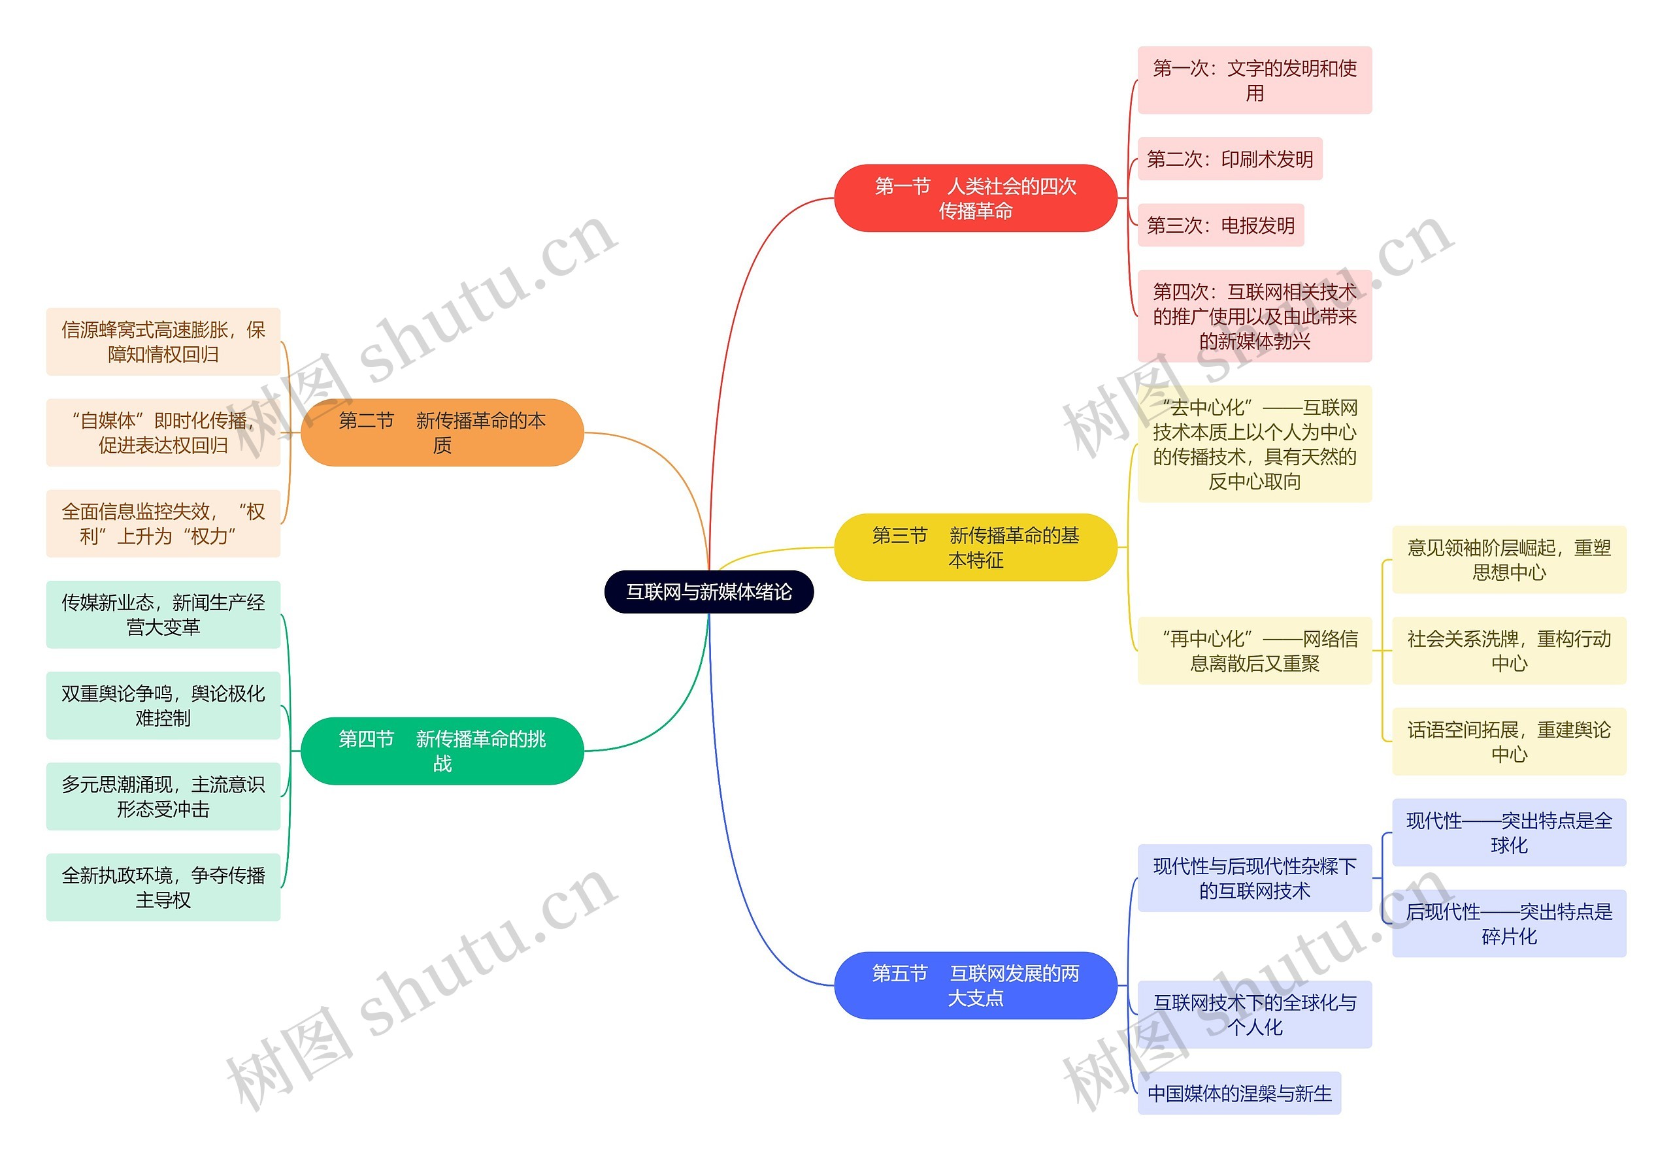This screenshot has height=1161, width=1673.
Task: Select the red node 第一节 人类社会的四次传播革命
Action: coord(974,198)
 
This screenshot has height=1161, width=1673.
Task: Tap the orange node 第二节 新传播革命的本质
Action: coord(442,432)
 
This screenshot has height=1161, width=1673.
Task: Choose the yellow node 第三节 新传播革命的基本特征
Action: coord(974,547)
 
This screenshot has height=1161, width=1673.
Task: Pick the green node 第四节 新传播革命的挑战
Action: coord(442,751)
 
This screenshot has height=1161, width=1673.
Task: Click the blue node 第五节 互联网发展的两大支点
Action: coord(974,985)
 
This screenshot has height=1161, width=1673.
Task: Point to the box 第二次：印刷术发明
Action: coord(1229,159)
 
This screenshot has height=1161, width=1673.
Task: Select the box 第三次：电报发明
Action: coord(1220,225)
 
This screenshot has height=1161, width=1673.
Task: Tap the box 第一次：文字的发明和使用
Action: coord(1254,80)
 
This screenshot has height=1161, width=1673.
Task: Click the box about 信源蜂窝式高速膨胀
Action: coord(163,341)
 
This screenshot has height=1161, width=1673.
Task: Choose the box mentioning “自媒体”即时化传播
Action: coord(163,432)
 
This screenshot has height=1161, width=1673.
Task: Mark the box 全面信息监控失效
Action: coord(163,523)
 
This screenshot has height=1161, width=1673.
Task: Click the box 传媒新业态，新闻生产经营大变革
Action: coord(163,614)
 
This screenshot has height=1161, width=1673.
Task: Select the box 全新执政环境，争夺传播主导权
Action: coord(163,887)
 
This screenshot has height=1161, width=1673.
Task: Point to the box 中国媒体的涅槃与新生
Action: coord(1238,1092)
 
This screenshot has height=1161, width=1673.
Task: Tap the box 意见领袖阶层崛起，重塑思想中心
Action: coord(1508,559)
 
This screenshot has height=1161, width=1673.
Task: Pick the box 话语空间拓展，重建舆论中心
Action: coord(1508,742)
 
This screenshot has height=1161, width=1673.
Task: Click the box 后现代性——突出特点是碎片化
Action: coord(1508,923)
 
